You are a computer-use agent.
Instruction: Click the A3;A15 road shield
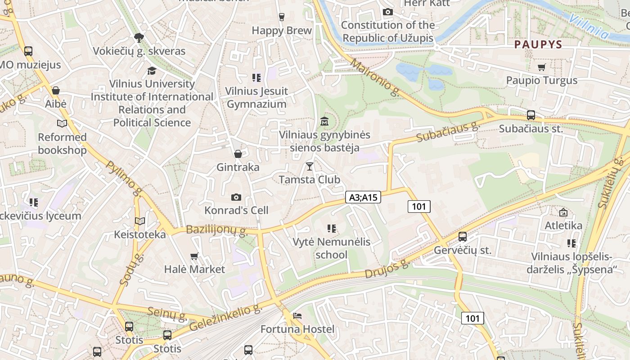[363, 197]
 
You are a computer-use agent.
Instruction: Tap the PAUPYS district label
[538, 44]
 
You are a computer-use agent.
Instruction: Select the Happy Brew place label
[282, 31]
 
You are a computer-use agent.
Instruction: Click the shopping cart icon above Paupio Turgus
[542, 67]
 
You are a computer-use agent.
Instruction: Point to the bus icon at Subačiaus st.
[531, 115]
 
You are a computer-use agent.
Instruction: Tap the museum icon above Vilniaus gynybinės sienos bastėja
[324, 121]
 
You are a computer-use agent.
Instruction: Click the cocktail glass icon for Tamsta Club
[309, 166]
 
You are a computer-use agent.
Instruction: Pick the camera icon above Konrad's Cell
[236, 197]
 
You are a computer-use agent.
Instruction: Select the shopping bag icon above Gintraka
[238, 154]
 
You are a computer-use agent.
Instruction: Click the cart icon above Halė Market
[194, 256]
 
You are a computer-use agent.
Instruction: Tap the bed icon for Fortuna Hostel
[297, 316]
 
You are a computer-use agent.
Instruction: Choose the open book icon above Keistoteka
[140, 221]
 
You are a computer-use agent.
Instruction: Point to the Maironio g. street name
[374, 77]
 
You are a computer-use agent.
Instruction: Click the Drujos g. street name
[386, 269]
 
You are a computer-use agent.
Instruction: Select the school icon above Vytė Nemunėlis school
[332, 229]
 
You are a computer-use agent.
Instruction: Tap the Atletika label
[563, 225]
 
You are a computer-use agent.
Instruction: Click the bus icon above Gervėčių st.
[463, 237]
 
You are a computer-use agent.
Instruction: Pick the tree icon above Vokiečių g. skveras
[139, 38]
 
